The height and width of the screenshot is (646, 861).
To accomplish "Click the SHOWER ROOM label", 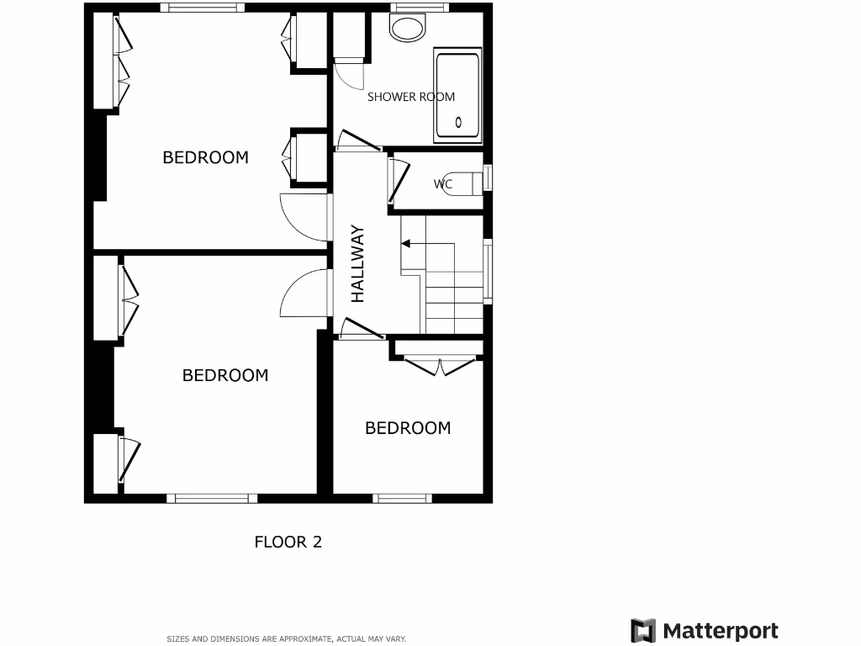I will [x=411, y=97].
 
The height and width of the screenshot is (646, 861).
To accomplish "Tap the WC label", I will [x=443, y=183].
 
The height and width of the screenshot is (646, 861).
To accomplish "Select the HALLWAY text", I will [x=358, y=263].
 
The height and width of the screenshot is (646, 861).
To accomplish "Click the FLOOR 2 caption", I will [x=288, y=542].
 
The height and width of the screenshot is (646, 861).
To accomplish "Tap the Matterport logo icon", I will [x=643, y=631].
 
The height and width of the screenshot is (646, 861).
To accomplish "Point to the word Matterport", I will [x=721, y=631].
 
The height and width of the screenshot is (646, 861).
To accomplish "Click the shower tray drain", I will [x=458, y=123].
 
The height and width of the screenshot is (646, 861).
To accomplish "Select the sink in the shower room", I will [x=409, y=29].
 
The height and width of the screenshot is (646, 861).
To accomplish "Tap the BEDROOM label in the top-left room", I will [x=205, y=157].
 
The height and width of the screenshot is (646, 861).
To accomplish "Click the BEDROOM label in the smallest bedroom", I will [x=408, y=428].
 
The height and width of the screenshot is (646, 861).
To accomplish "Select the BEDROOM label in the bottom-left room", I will [x=225, y=375].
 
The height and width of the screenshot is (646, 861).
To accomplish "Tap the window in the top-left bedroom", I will [x=203, y=8].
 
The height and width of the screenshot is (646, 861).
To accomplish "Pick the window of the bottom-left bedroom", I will [x=211, y=498].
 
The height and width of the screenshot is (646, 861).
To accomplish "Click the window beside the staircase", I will [x=488, y=271].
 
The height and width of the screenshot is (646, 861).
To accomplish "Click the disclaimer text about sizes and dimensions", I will [x=287, y=639].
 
